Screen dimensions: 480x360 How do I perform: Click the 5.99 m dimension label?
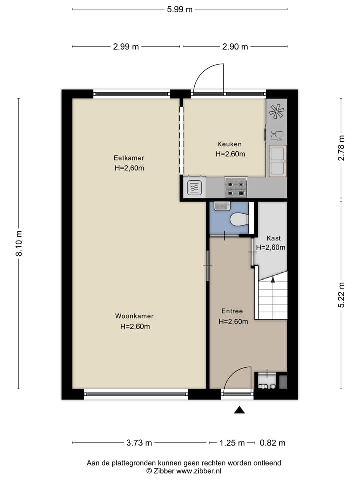click(x=180, y=9)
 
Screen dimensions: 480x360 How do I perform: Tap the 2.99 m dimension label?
click(x=126, y=47)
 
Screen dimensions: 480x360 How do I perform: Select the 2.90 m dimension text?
click(x=235, y=47)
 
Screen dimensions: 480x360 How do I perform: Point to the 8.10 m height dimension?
click(x=19, y=243)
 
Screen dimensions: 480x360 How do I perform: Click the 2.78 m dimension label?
click(x=341, y=148)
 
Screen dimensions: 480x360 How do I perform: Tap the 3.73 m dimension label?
click(x=139, y=443)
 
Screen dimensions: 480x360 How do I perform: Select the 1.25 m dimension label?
click(x=233, y=443)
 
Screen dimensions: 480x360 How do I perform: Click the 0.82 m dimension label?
click(x=273, y=443)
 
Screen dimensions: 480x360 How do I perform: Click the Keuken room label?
click(x=230, y=144)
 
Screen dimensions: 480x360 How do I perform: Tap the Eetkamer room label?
click(x=129, y=158)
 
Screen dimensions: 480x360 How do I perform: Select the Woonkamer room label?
click(x=134, y=316)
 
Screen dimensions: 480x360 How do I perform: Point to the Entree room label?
click(x=232, y=311)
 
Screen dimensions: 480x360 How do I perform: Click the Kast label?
click(x=273, y=238)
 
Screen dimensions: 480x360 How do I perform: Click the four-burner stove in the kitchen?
click(x=236, y=188)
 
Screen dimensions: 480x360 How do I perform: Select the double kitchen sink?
click(x=277, y=161)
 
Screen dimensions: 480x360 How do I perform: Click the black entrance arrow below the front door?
click(x=240, y=410)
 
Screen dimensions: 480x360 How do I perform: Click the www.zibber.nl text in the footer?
click(x=199, y=471)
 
